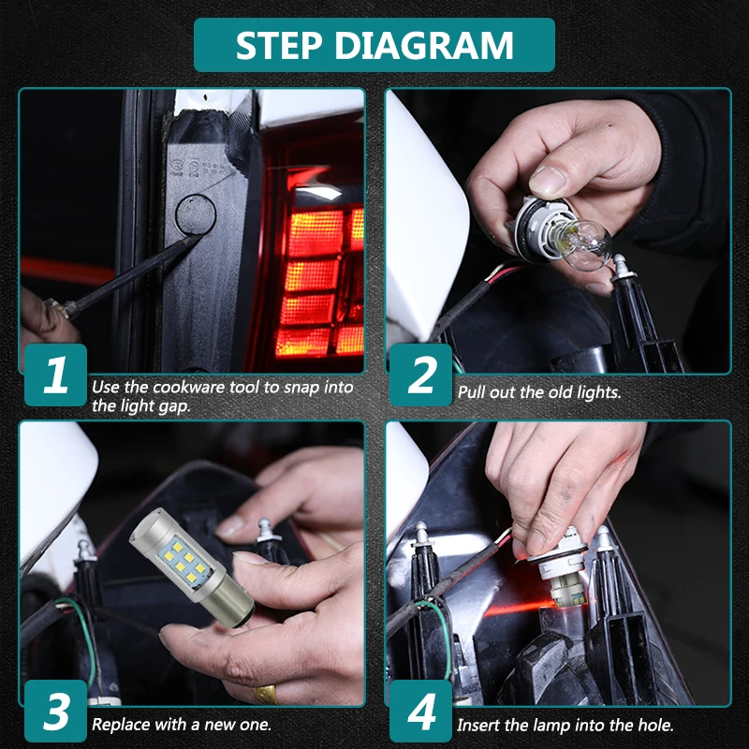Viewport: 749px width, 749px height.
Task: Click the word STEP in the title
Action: pyautogui.click(x=279, y=45)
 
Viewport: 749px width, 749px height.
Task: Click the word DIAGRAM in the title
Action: pyautogui.click(x=424, y=45)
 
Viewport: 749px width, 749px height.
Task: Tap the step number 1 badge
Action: pyautogui.click(x=55, y=375)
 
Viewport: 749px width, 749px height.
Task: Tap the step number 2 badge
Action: pyautogui.click(x=420, y=375)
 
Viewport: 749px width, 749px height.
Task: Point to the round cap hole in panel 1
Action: pyautogui.click(x=196, y=214)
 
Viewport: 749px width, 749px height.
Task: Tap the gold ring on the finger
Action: pyautogui.click(x=266, y=694)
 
